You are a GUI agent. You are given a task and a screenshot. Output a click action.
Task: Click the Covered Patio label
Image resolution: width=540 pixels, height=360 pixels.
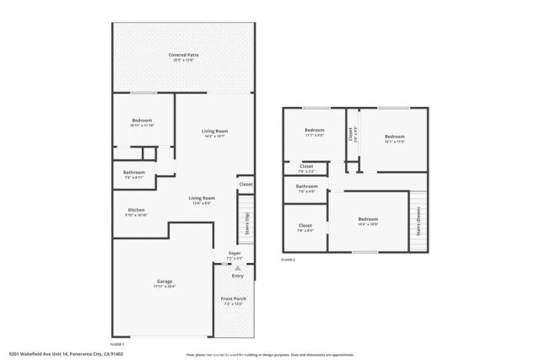click(x=183, y=55)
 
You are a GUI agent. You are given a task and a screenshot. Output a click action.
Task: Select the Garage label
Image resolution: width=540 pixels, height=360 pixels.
click(x=165, y=282)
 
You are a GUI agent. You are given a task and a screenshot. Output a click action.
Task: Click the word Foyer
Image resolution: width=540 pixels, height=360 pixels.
click(x=234, y=253)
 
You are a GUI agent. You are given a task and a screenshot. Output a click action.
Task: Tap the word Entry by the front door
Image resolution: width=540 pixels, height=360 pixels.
click(x=237, y=275)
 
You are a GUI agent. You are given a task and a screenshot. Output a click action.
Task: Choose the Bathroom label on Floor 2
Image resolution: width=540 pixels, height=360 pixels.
click(x=306, y=186)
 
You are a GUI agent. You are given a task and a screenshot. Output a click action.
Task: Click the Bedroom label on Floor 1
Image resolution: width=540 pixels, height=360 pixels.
click(x=142, y=121)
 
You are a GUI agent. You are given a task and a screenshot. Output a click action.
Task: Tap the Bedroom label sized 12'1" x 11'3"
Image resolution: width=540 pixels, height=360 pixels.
click(x=394, y=137)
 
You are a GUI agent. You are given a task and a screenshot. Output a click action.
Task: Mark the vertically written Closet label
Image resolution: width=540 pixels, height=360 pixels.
click(x=351, y=133)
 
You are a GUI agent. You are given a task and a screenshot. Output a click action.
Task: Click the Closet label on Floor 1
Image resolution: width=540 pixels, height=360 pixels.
click(x=246, y=184)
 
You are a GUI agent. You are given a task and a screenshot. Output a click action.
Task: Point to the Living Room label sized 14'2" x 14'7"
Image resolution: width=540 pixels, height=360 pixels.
click(x=214, y=131)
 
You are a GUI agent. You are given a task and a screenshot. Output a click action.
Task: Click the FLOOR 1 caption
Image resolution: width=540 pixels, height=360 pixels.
click(x=116, y=344)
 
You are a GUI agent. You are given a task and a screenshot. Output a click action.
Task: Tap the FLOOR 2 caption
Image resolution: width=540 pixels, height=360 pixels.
click(x=289, y=260)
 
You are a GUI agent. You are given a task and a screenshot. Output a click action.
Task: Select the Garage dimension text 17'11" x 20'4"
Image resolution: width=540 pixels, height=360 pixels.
click(x=165, y=287)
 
